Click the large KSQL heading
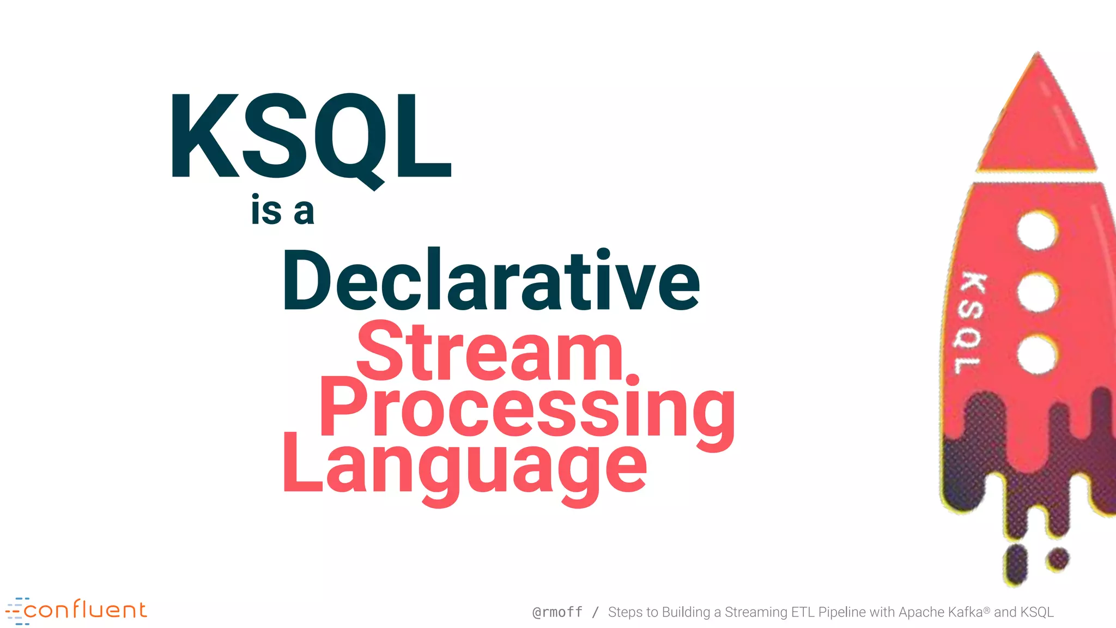(311, 136)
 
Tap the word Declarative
(490, 281)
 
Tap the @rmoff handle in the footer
(557, 612)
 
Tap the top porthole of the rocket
(1037, 231)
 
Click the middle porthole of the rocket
(1037, 293)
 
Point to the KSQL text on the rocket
(971, 323)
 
